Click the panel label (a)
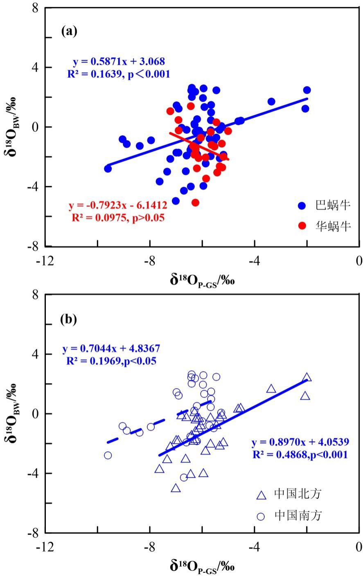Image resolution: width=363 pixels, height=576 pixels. click(x=69, y=31)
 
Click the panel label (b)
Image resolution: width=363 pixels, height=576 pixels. click(x=69, y=319)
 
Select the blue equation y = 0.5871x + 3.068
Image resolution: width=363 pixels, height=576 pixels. click(x=119, y=62)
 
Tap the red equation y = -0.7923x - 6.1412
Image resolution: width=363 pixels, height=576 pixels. click(x=118, y=206)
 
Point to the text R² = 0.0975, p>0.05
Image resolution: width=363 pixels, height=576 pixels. click(x=118, y=218)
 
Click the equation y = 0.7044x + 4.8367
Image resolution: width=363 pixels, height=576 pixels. click(x=111, y=349)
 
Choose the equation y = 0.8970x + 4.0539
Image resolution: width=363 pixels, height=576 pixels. click(x=300, y=442)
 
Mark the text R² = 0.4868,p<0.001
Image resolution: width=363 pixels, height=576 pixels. click(x=300, y=454)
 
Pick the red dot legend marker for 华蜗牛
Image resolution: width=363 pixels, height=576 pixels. click(x=302, y=226)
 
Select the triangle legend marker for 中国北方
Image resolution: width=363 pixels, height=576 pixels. click(x=261, y=495)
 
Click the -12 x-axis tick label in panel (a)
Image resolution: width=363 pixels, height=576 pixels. click(x=45, y=261)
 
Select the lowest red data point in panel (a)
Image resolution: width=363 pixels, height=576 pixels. click(x=195, y=202)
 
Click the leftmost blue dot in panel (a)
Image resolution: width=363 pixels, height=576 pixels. click(x=108, y=169)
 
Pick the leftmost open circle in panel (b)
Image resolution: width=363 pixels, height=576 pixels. click(x=108, y=455)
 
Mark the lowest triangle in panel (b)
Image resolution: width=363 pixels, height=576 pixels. click(x=176, y=488)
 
